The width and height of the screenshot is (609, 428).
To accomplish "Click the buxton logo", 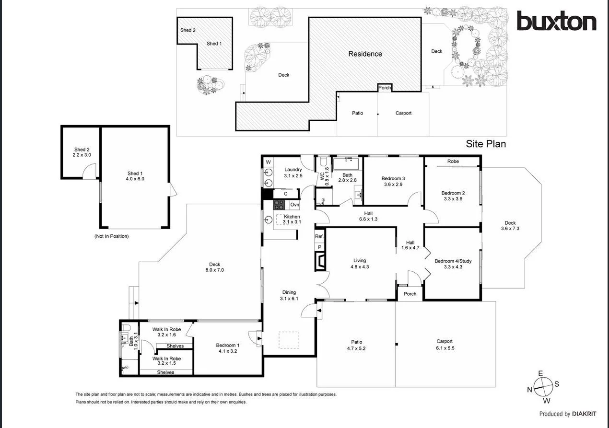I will coord(556,22).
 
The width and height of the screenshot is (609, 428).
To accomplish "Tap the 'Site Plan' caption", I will coord(486,144).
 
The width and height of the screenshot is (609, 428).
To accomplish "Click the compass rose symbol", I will coord(543,386).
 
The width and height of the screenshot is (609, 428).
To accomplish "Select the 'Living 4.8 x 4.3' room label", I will coord(360,264).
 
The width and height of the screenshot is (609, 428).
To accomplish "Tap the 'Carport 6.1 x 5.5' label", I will coord(445,345).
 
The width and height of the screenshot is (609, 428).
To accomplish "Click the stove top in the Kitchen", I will coord(280,205).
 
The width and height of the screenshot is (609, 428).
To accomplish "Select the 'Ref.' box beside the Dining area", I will coord(319,236).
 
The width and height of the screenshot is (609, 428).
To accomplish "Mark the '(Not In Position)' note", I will coord(112,236).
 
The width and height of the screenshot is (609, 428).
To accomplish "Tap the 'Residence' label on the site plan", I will coord(365,54).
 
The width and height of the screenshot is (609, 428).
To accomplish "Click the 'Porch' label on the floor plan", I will coord(410,294).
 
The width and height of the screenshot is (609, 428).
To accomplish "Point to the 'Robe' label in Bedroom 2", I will coord(453,162).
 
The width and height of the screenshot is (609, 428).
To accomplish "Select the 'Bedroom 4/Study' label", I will coord(453,264).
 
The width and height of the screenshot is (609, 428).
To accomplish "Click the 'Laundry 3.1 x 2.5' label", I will coord(293,173).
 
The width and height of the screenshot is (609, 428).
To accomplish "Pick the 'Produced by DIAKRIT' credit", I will coord(567,414).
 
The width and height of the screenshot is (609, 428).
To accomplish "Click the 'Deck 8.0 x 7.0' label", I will coord(214,267).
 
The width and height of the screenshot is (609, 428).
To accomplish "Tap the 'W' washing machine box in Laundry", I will coord(268,162).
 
